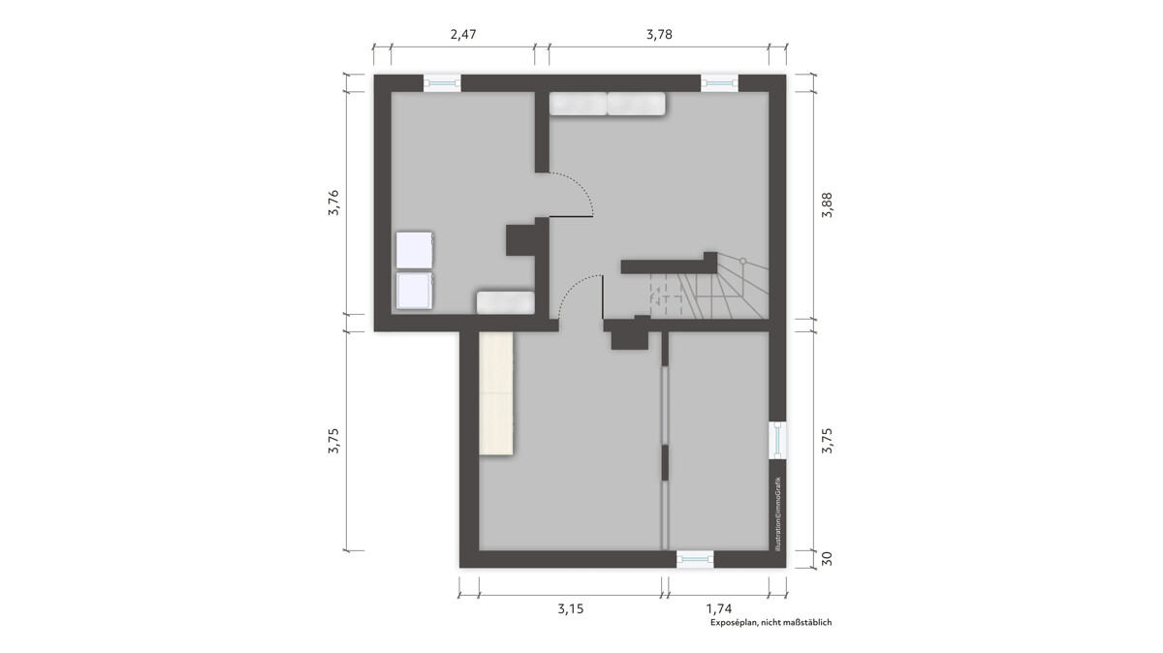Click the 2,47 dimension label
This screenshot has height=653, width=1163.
(x=462, y=35)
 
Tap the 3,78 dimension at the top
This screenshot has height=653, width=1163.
(x=659, y=35)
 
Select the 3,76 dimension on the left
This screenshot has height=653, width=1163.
(x=333, y=202)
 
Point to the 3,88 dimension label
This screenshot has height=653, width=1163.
(x=827, y=205)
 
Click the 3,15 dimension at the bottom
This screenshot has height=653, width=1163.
(x=571, y=608)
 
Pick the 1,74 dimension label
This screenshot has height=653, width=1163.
(x=718, y=608)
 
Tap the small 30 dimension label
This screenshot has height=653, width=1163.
(x=827, y=558)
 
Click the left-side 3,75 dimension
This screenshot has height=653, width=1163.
(x=333, y=441)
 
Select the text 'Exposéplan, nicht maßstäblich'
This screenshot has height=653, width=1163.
(x=771, y=622)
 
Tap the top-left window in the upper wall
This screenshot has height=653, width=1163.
(x=442, y=83)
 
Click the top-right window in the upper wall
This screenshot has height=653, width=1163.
(x=719, y=83)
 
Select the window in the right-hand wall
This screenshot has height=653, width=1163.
(x=777, y=440)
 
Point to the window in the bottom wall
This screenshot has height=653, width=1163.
(x=695, y=559)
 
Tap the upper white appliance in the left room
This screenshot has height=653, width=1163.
(x=415, y=250)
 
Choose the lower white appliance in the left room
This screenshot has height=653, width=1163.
(x=415, y=291)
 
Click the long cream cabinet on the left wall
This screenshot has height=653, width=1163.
(x=496, y=394)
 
